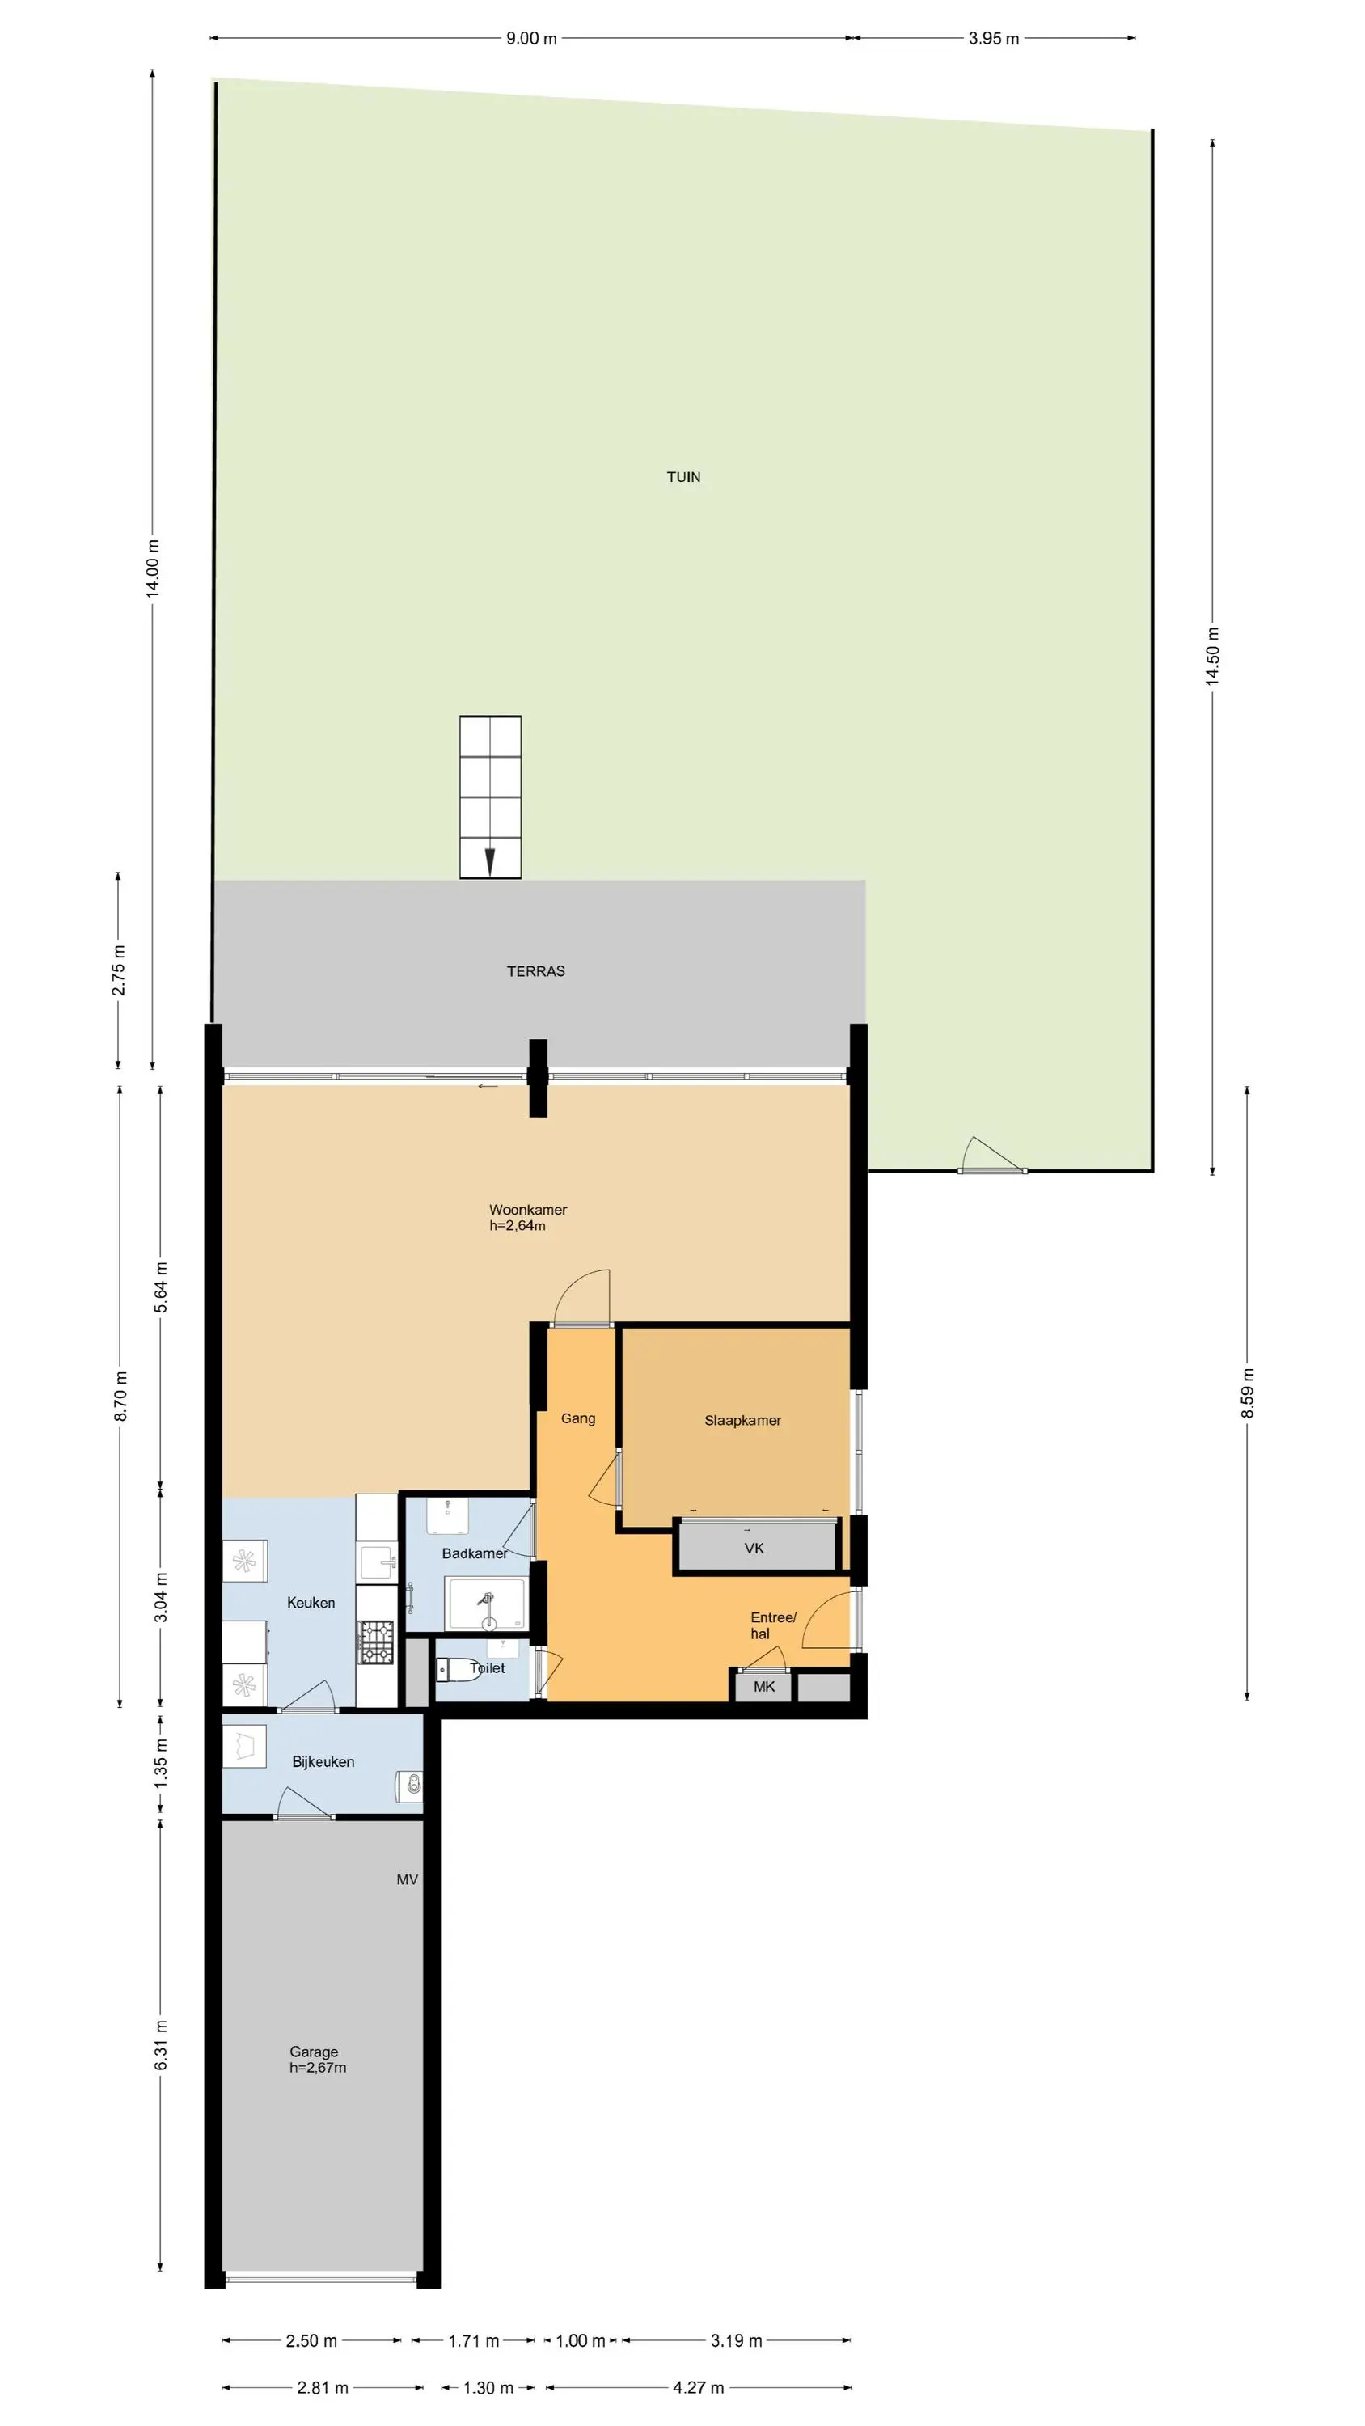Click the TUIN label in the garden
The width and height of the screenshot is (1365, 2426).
pos(683,476)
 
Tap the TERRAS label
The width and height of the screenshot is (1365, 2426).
pos(535,971)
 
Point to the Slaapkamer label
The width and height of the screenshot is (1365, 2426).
pos(742,1420)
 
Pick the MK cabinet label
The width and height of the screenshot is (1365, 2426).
pos(764,1686)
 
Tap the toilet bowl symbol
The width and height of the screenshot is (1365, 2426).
pos(459,1669)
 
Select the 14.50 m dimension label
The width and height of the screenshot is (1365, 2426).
pos(1213,657)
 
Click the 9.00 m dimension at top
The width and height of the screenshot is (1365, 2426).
pos(531,39)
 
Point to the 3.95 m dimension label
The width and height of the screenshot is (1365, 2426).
pos(994,39)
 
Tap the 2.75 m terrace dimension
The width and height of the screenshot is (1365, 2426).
pos(119,970)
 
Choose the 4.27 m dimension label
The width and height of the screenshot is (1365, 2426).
pos(698,2387)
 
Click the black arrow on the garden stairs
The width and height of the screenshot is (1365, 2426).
pos(489,863)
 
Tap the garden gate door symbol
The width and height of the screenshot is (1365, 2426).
pos(992,1156)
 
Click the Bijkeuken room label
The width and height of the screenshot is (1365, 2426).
pos(323,1761)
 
